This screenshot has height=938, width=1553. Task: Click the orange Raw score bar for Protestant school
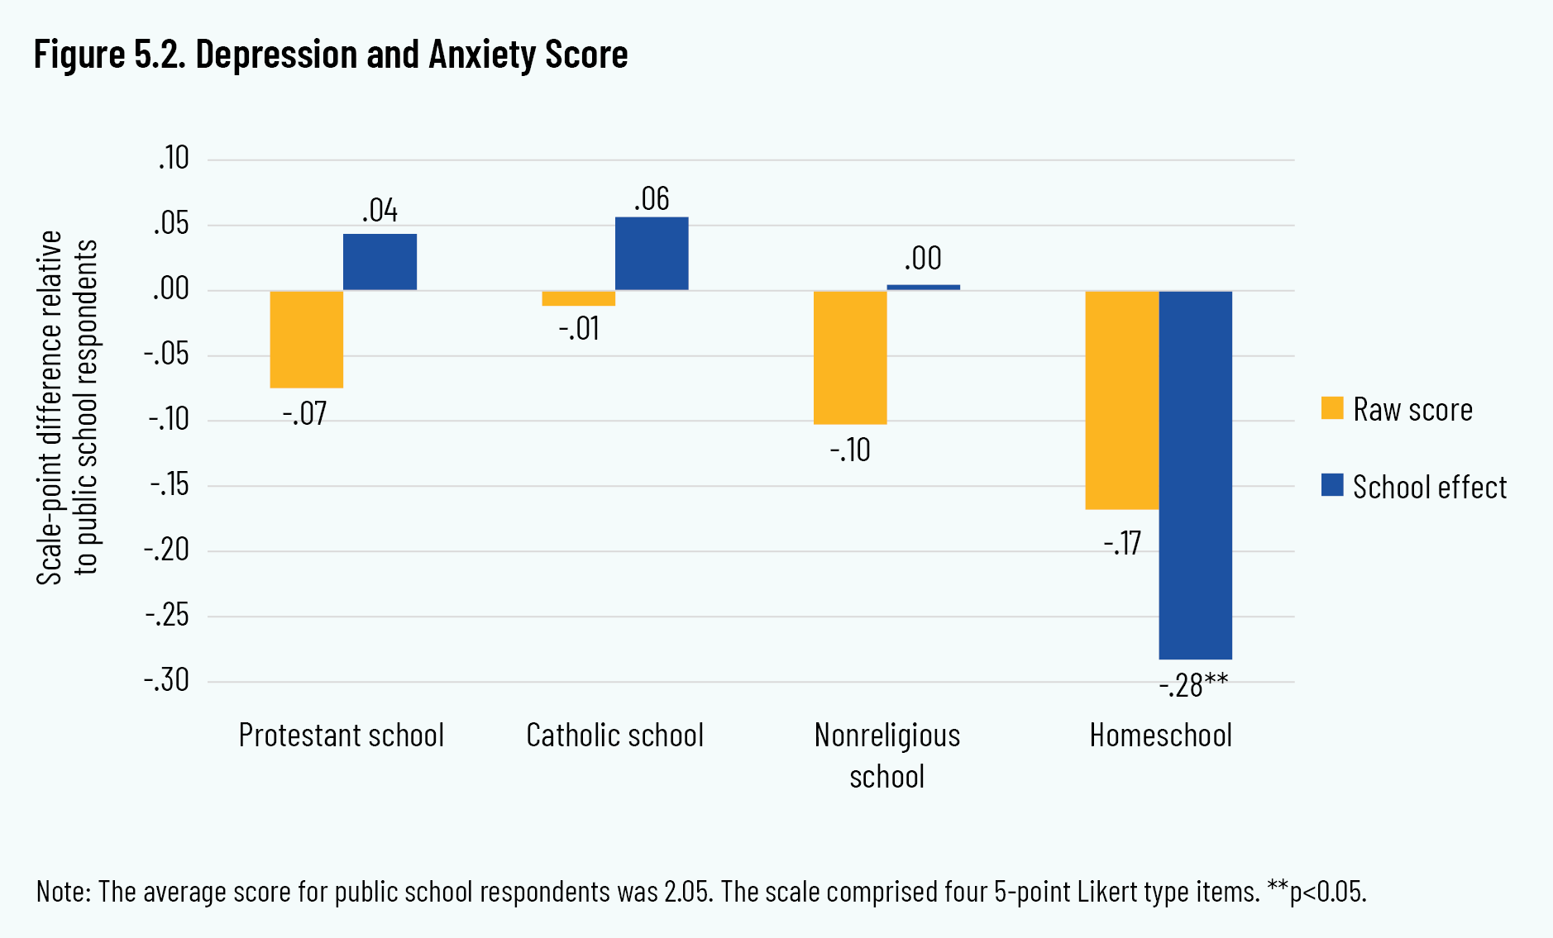point(307,339)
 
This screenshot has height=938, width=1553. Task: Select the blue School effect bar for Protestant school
point(380,262)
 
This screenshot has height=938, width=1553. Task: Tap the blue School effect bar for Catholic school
point(652,254)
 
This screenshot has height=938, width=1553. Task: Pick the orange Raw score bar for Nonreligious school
point(850,357)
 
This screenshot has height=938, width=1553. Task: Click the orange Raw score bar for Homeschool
point(1122,400)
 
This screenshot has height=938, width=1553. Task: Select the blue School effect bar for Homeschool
point(1195,475)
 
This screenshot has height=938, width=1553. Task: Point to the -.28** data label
point(1193,685)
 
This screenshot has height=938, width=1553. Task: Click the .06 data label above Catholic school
point(652,199)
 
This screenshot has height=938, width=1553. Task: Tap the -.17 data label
point(1122,544)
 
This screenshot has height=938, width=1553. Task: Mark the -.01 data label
point(579,329)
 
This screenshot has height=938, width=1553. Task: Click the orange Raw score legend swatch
point(1332,408)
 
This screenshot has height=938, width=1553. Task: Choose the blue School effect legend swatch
point(1332,485)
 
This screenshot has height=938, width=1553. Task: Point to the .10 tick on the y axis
point(174,158)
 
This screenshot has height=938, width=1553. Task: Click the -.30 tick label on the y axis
point(167,680)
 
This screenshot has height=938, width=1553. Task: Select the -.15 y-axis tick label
point(169,485)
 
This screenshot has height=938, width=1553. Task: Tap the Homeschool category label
point(1160,735)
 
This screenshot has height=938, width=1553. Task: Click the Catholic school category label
point(614,735)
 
